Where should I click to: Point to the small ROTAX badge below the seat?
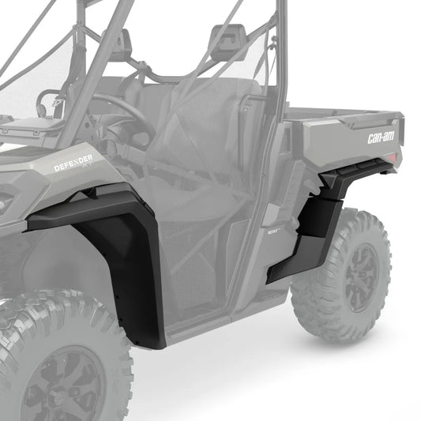267,233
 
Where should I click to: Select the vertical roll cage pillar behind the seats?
276,79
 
